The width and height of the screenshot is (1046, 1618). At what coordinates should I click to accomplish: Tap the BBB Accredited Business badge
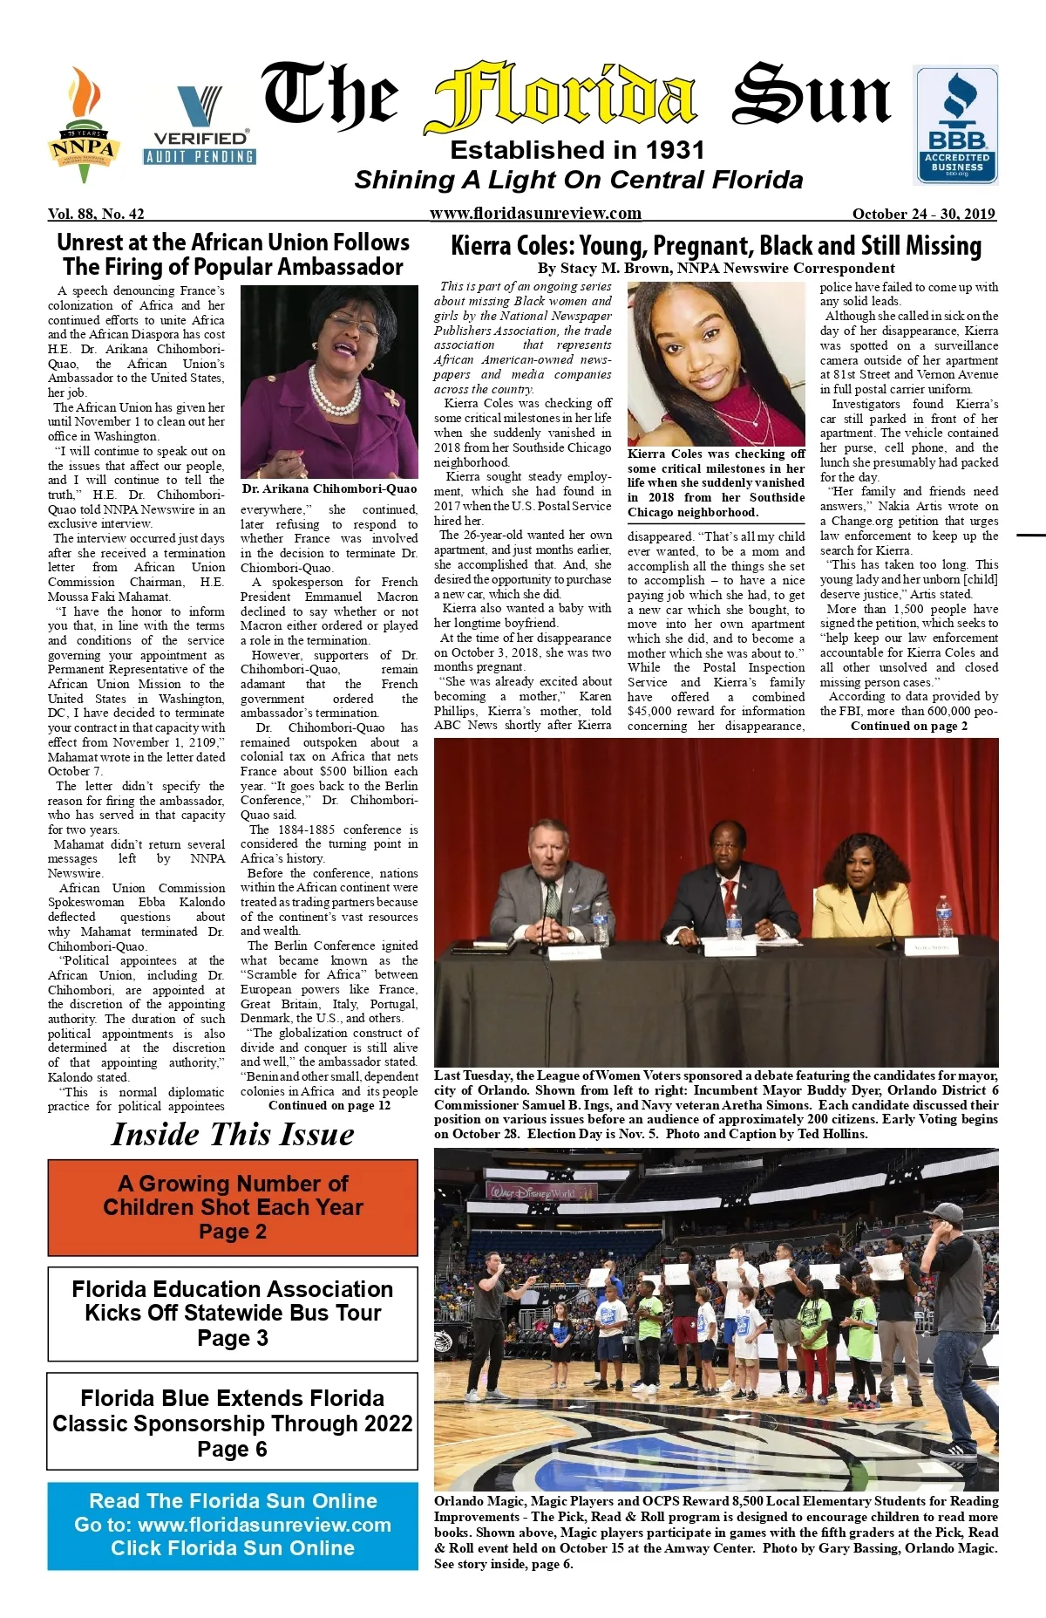pyautogui.click(x=955, y=125)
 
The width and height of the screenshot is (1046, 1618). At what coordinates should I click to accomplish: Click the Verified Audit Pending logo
pyautogui.click(x=200, y=126)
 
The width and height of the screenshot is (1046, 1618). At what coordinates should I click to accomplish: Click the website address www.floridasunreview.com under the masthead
pyautogui.click(x=535, y=214)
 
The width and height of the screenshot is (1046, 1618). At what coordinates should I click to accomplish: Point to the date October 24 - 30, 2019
pyautogui.click(x=924, y=214)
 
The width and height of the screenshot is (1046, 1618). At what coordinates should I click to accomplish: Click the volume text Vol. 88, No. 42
pyautogui.click(x=96, y=214)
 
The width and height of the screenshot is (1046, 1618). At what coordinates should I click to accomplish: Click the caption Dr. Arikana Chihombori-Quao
pyautogui.click(x=329, y=489)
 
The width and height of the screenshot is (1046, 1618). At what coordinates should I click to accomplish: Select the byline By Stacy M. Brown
pyautogui.click(x=716, y=269)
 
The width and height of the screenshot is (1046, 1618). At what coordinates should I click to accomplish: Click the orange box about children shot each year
pyautogui.click(x=233, y=1207)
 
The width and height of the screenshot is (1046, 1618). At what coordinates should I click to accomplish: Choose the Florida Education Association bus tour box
pyautogui.click(x=233, y=1314)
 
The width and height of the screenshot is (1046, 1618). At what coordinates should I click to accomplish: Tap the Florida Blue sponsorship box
pyautogui.click(x=233, y=1423)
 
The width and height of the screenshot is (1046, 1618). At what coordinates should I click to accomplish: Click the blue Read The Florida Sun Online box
pyautogui.click(x=233, y=1525)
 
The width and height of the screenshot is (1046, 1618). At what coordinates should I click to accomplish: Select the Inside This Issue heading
pyautogui.click(x=233, y=1135)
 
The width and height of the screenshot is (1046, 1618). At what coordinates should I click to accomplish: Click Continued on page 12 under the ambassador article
pyautogui.click(x=329, y=1106)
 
